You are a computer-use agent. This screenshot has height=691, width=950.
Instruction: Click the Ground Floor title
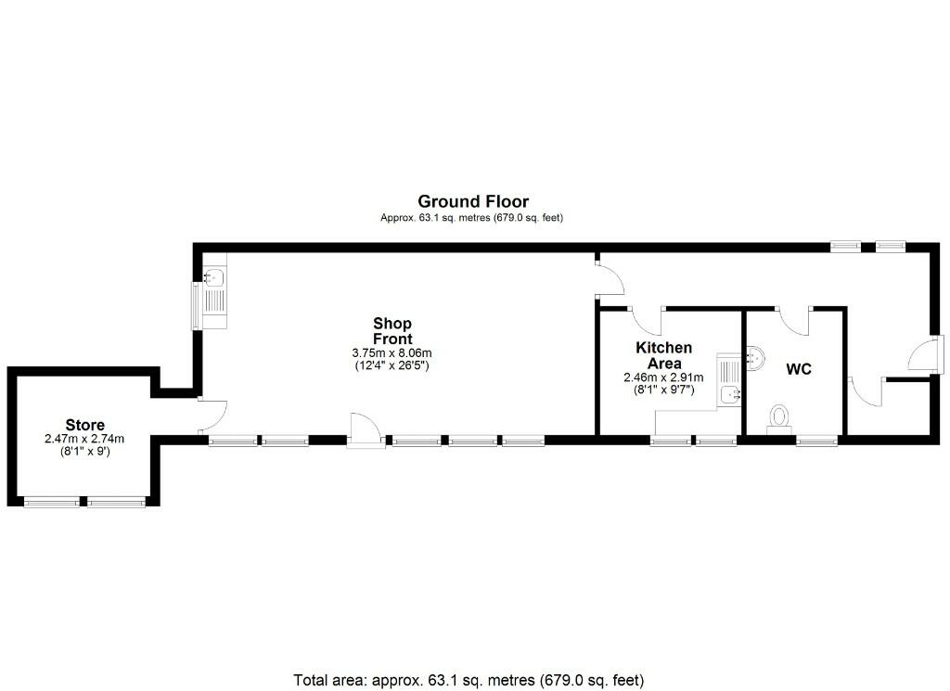coord(473,201)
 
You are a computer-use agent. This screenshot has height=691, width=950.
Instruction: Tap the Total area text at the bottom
coord(469,679)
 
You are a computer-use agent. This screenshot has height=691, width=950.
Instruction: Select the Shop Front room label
coord(392,330)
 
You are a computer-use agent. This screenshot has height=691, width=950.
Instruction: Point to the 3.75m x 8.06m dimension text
coord(392,352)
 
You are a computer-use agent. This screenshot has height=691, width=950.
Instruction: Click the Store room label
coord(84,426)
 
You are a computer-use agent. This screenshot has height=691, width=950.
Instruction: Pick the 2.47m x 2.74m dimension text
coord(84,439)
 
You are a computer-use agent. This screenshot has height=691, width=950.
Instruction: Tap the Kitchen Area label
coord(663,355)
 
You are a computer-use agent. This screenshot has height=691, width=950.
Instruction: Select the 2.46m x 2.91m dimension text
coord(663,377)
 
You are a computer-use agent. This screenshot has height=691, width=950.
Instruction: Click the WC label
coord(799,369)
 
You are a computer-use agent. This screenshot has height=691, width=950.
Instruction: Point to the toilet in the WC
coord(779,417)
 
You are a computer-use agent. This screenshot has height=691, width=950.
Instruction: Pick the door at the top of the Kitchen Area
coord(647,319)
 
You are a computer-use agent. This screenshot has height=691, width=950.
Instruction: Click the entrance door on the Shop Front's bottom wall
coord(366,429)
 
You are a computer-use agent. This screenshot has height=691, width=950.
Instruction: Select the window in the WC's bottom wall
coord(817,441)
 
